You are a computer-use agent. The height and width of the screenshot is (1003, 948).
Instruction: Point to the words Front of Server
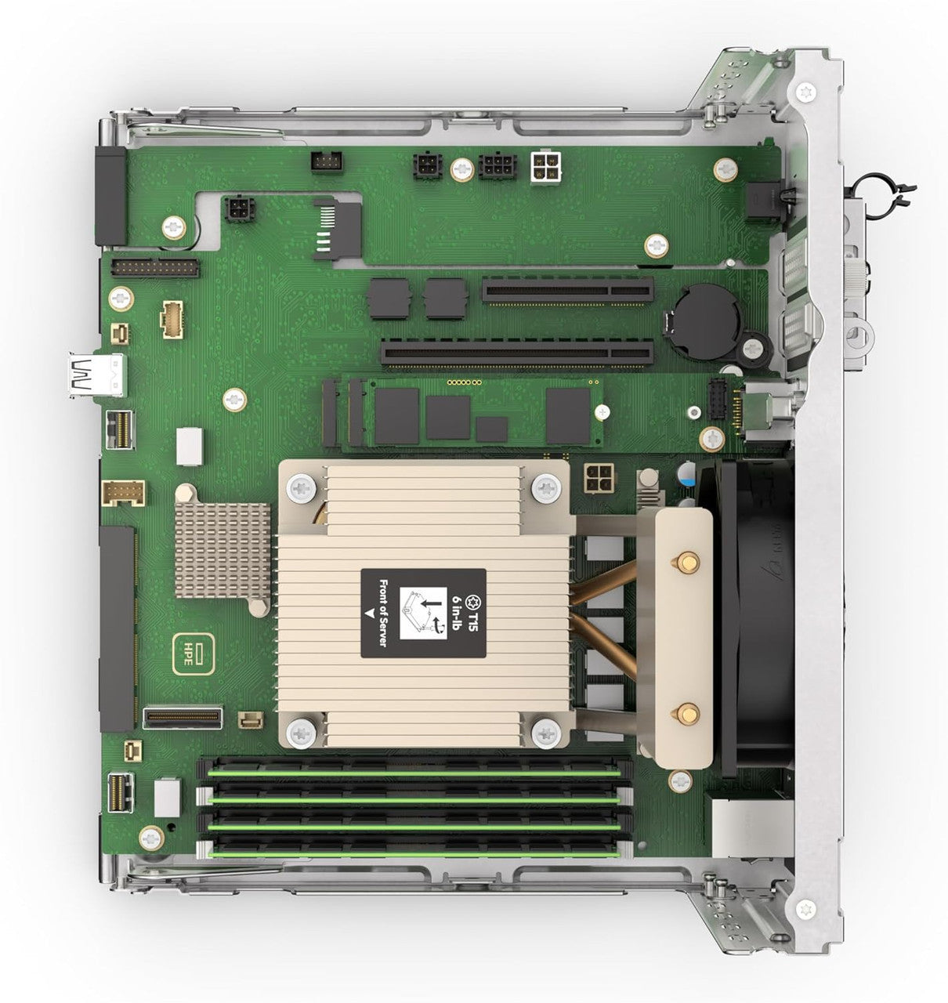(382, 612)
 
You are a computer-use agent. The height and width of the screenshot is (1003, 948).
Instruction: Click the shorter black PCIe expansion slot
(567, 291)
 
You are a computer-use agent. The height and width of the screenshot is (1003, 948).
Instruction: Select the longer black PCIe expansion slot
(517, 354)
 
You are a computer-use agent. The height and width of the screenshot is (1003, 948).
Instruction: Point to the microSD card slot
(338, 230)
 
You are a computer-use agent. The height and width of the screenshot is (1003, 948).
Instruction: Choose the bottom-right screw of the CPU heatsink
(545, 734)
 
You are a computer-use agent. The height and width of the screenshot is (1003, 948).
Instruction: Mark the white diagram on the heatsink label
(424, 614)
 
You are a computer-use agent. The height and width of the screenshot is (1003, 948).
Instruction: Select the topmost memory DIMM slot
(415, 769)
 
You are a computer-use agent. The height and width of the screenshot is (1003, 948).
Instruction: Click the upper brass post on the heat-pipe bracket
(686, 562)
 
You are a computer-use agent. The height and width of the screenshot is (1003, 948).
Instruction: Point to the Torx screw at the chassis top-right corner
(805, 92)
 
